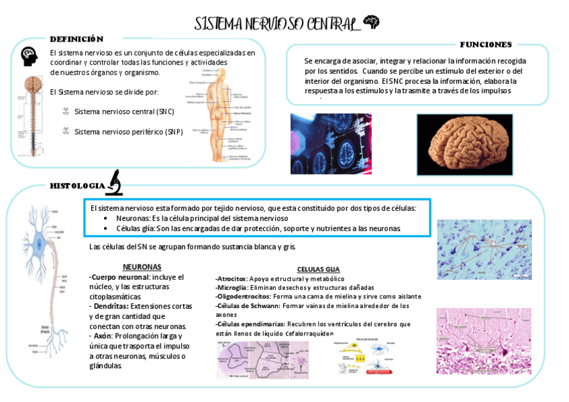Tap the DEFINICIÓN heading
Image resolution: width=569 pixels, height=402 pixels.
pos(76,39)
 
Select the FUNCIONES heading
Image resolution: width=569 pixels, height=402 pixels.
pos(486,44)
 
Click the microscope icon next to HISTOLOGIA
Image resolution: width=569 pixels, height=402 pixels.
pos(114,183)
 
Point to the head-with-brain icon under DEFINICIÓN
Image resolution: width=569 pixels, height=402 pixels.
pos(29,56)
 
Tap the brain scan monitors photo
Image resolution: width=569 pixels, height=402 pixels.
pos(331,143)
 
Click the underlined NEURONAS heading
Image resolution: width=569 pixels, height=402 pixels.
pos(142,266)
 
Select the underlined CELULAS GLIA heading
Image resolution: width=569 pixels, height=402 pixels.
pos(318,269)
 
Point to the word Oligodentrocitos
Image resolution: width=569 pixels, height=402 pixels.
pos(243,296)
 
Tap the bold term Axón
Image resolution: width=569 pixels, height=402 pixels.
pos(103,336)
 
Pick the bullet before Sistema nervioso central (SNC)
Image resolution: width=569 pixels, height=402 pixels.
pos(65,111)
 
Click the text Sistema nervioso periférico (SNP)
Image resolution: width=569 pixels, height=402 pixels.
pos(128,132)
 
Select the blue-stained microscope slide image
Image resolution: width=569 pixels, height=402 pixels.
pos(484,249)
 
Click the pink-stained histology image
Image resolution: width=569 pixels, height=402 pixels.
pos(483,341)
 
